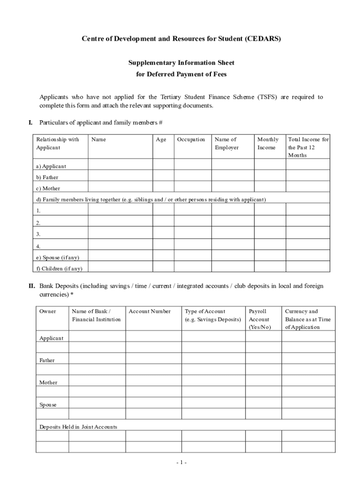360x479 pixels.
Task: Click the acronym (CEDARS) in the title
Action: tap(262, 39)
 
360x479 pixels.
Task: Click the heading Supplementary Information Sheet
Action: tap(181, 63)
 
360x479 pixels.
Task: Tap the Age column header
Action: tap(161, 139)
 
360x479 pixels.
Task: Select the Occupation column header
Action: tap(191, 139)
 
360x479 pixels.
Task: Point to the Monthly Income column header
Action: tap(268, 143)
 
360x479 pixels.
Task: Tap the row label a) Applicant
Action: tap(51, 166)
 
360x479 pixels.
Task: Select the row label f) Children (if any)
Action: tap(59, 269)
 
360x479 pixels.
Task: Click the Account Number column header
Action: tap(150, 312)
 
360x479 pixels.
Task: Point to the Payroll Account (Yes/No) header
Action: tap(259, 319)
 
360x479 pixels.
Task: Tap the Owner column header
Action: tap(48, 312)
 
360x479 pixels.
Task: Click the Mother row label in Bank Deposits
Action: tap(48, 383)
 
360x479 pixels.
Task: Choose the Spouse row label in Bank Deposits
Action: tap(48, 405)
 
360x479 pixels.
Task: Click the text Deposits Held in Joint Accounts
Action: tap(79, 427)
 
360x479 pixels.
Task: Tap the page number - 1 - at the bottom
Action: tap(181, 463)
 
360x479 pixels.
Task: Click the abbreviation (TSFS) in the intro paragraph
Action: tap(267, 97)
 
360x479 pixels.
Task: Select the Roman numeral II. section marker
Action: tap(32, 286)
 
